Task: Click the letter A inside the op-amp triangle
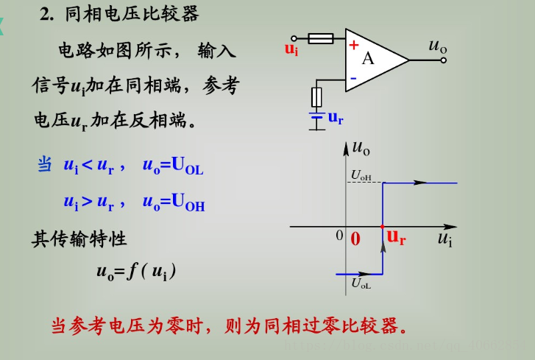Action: click(367, 59)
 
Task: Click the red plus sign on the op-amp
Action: click(353, 45)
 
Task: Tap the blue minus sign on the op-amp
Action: click(353, 77)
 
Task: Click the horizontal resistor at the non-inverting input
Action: click(321, 38)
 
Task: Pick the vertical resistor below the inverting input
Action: click(317, 97)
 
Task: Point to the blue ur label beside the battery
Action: click(335, 117)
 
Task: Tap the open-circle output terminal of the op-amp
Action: click(443, 60)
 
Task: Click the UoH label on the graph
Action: click(361, 175)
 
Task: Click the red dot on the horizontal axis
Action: click(382, 227)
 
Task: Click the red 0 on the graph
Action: click(355, 239)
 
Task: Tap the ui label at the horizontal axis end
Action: click(444, 238)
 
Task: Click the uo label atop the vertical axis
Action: click(361, 147)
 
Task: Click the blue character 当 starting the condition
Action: click(44, 165)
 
